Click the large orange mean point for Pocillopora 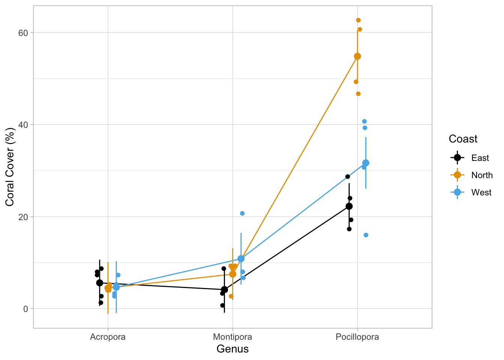357,56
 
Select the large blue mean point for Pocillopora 366,163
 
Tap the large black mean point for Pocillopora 349,206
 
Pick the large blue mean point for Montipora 241,259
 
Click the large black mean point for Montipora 224,289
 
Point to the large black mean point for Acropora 100,283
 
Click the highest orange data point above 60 358,20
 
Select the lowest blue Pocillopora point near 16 366,235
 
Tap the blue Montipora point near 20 242,213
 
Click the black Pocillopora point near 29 348,177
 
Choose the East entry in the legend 480,158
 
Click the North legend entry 481,175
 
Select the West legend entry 481,192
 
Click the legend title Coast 463,139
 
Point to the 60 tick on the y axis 23,33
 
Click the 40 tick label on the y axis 23,124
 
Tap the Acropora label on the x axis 108,337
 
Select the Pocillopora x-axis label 357,337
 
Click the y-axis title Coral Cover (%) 10,167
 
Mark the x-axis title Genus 232,349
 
